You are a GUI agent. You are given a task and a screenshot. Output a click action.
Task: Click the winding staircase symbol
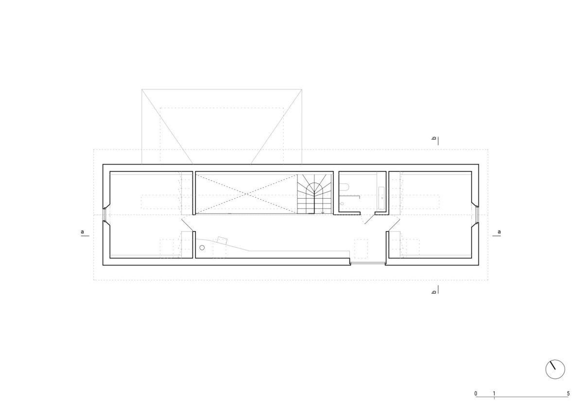[315, 194]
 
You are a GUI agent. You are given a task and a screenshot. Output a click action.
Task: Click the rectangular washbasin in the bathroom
[382, 198]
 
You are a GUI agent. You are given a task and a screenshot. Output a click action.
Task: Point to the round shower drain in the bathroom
[342, 204]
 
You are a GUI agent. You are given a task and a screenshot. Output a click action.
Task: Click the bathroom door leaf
[370, 219]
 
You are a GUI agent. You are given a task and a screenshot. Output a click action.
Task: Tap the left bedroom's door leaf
[188, 225]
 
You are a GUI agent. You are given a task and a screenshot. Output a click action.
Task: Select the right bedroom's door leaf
[394, 225]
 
